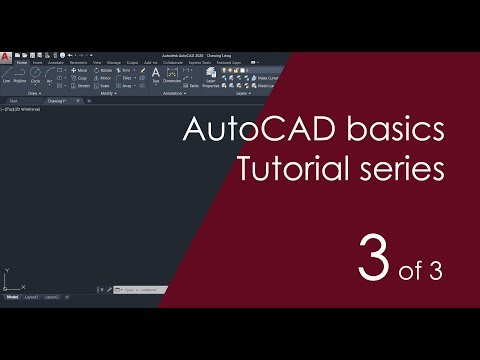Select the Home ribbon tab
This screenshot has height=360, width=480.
pyautogui.click(x=22, y=63)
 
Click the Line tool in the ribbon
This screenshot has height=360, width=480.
pyautogui.click(x=8, y=77)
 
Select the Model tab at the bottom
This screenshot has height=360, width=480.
pyautogui.click(x=12, y=297)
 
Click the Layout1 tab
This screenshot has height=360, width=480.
pyautogui.click(x=32, y=297)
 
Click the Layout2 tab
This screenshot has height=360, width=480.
pyautogui.click(x=53, y=297)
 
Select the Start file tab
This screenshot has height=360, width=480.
pyautogui.click(x=14, y=101)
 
